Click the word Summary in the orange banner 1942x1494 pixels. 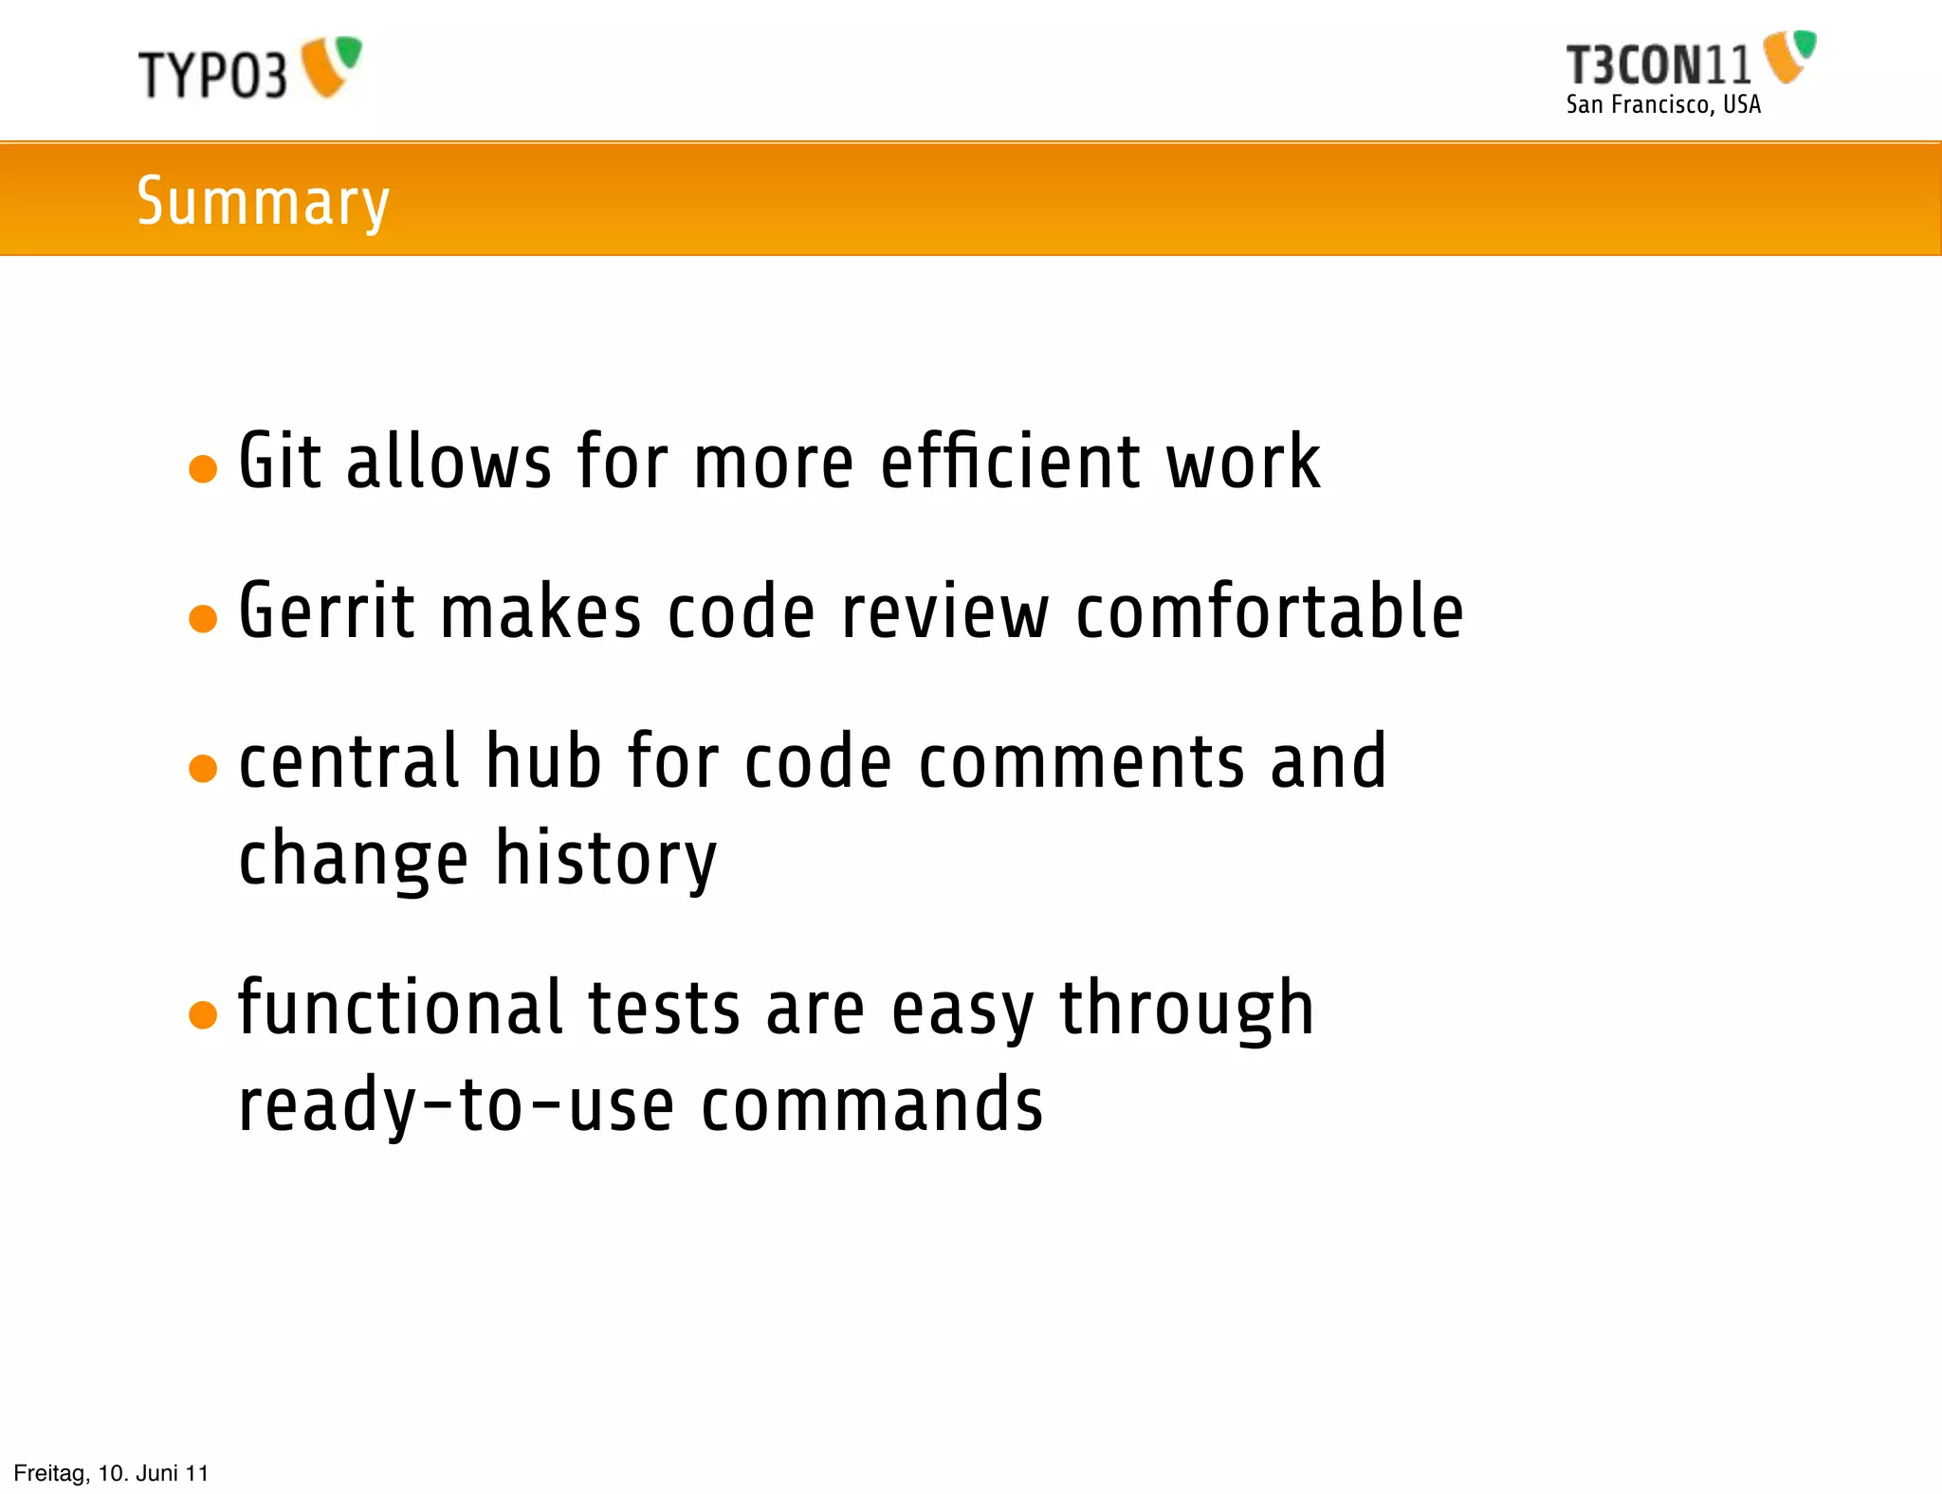[263, 201]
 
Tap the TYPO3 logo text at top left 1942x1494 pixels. [212, 74]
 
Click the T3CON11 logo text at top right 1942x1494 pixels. [1658, 65]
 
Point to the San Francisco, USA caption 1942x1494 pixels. [1663, 104]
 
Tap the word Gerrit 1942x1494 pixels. [326, 611]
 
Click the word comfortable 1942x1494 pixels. [1269, 611]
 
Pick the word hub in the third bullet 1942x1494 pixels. [543, 761]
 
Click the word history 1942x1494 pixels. [606, 859]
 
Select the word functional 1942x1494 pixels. [401, 1008]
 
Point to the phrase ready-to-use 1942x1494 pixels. [456, 1105]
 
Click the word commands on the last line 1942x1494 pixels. [871, 1105]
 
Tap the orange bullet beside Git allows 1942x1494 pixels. [203, 468]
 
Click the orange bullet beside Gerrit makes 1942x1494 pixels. [203, 618]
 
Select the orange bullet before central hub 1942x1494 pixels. [203, 768]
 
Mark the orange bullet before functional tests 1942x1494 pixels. [203, 1014]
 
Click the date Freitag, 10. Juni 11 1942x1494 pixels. [111, 1473]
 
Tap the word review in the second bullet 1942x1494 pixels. [944, 611]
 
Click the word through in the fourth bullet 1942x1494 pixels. [1186, 1010]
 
